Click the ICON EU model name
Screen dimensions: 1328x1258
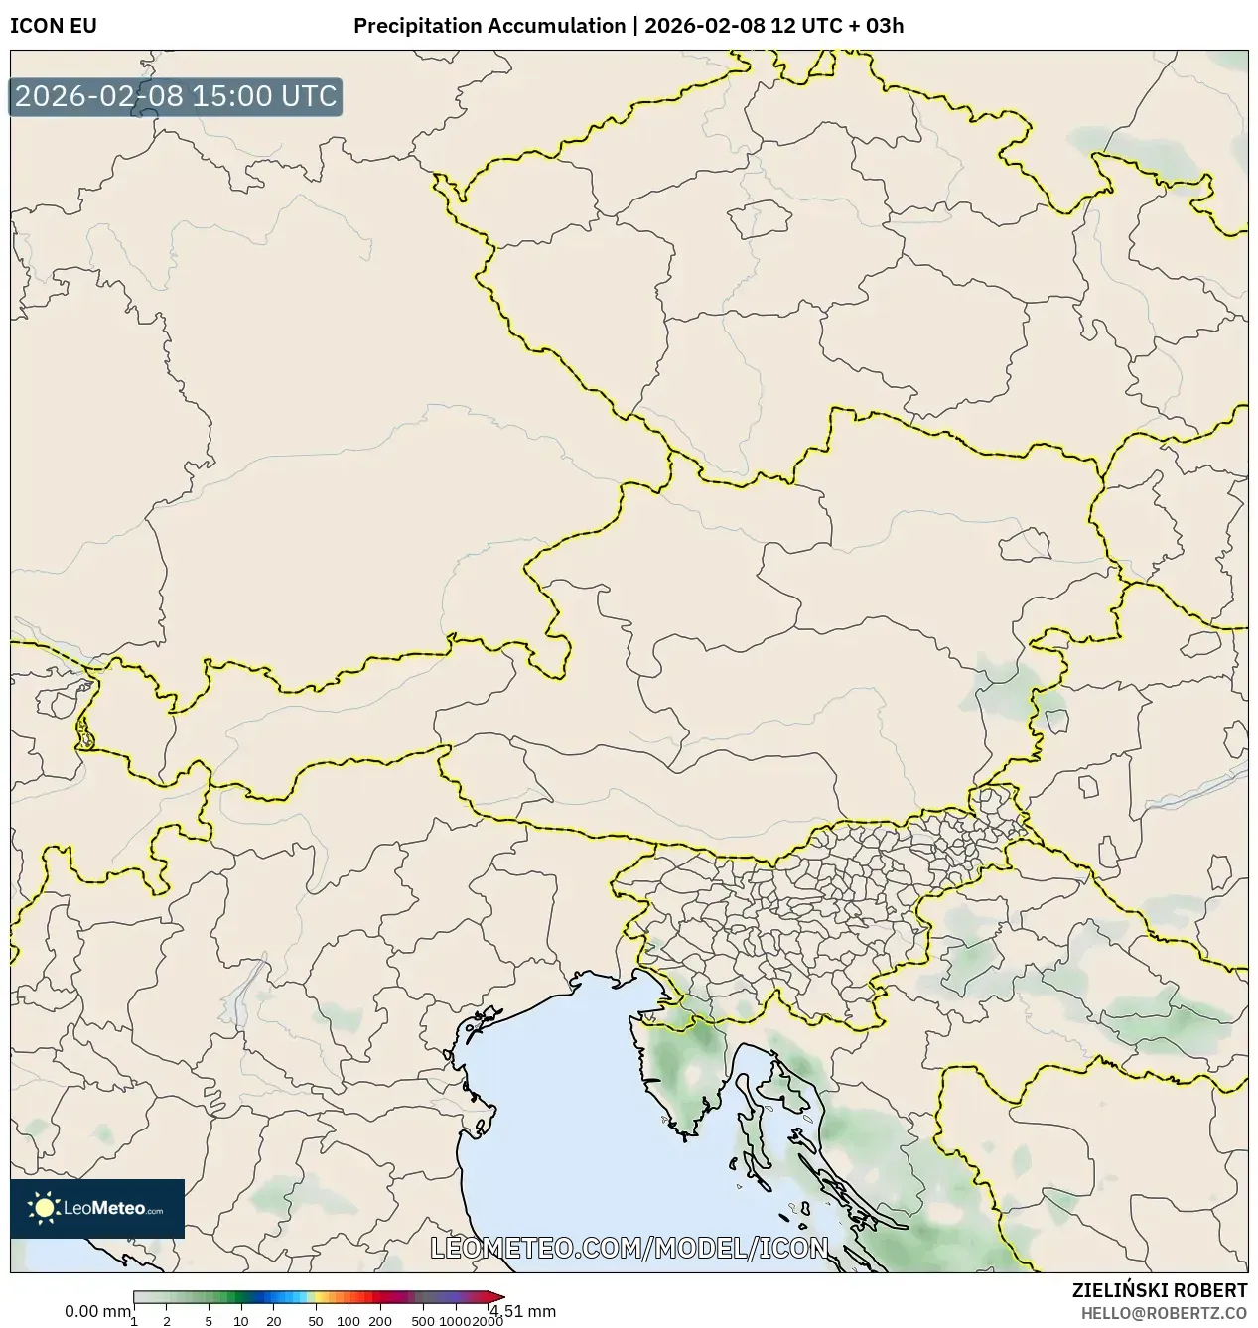[x=54, y=26]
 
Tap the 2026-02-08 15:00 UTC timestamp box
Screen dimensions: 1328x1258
[x=176, y=97]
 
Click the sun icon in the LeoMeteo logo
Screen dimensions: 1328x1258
[x=44, y=1208]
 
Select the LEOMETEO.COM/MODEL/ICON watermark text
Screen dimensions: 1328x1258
[x=629, y=1248]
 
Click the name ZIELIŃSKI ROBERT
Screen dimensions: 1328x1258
[x=1159, y=1290]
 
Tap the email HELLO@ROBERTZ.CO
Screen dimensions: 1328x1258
[x=1164, y=1313]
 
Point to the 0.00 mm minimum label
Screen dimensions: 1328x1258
[x=96, y=1311]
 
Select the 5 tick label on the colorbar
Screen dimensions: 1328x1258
[x=209, y=1321]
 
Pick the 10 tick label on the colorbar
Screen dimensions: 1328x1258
[x=241, y=1321]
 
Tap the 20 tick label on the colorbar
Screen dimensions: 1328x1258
[x=274, y=1321]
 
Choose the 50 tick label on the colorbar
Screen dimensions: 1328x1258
[x=316, y=1321]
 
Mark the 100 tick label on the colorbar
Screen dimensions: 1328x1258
[x=349, y=1321]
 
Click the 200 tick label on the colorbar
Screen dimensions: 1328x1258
[x=380, y=1321]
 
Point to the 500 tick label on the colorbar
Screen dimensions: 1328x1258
[x=423, y=1321]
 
